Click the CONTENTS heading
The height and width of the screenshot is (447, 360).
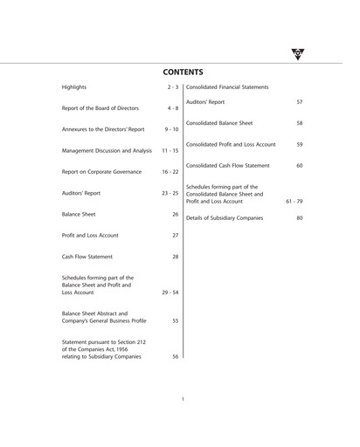[x=183, y=72]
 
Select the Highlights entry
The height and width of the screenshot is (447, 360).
[x=74, y=88]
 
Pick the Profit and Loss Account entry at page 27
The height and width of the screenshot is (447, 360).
[x=90, y=235]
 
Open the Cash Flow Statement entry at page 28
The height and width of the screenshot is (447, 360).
[x=88, y=257]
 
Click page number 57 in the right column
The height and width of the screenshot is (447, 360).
[x=299, y=102]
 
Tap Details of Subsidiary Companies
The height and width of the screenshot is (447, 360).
[x=225, y=217]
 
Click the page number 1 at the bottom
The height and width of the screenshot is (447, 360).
[x=182, y=399]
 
